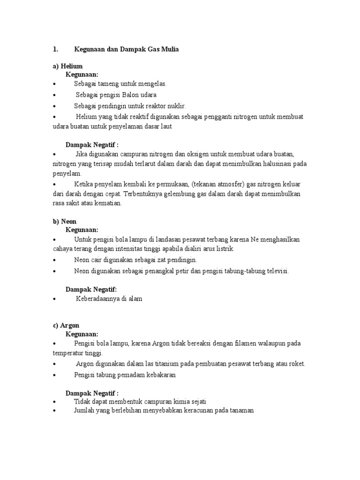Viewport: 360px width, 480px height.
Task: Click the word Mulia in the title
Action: [x=168, y=49]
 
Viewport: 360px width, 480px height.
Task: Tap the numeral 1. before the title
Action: [x=55, y=49]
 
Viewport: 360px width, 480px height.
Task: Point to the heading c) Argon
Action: [x=67, y=325]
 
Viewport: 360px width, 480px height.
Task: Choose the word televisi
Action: [x=277, y=271]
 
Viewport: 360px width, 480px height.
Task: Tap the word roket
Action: [x=297, y=364]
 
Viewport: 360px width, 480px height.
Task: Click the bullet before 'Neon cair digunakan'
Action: [x=55, y=260]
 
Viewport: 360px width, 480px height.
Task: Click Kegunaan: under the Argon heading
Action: [x=82, y=334]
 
